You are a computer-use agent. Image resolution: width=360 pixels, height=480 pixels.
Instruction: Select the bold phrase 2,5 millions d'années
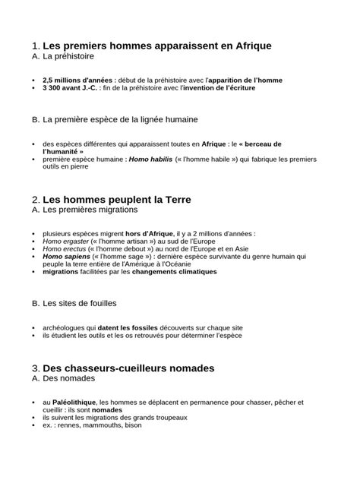pos(74,81)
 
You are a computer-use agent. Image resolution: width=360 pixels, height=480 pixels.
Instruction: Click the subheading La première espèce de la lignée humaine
pos(121,120)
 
